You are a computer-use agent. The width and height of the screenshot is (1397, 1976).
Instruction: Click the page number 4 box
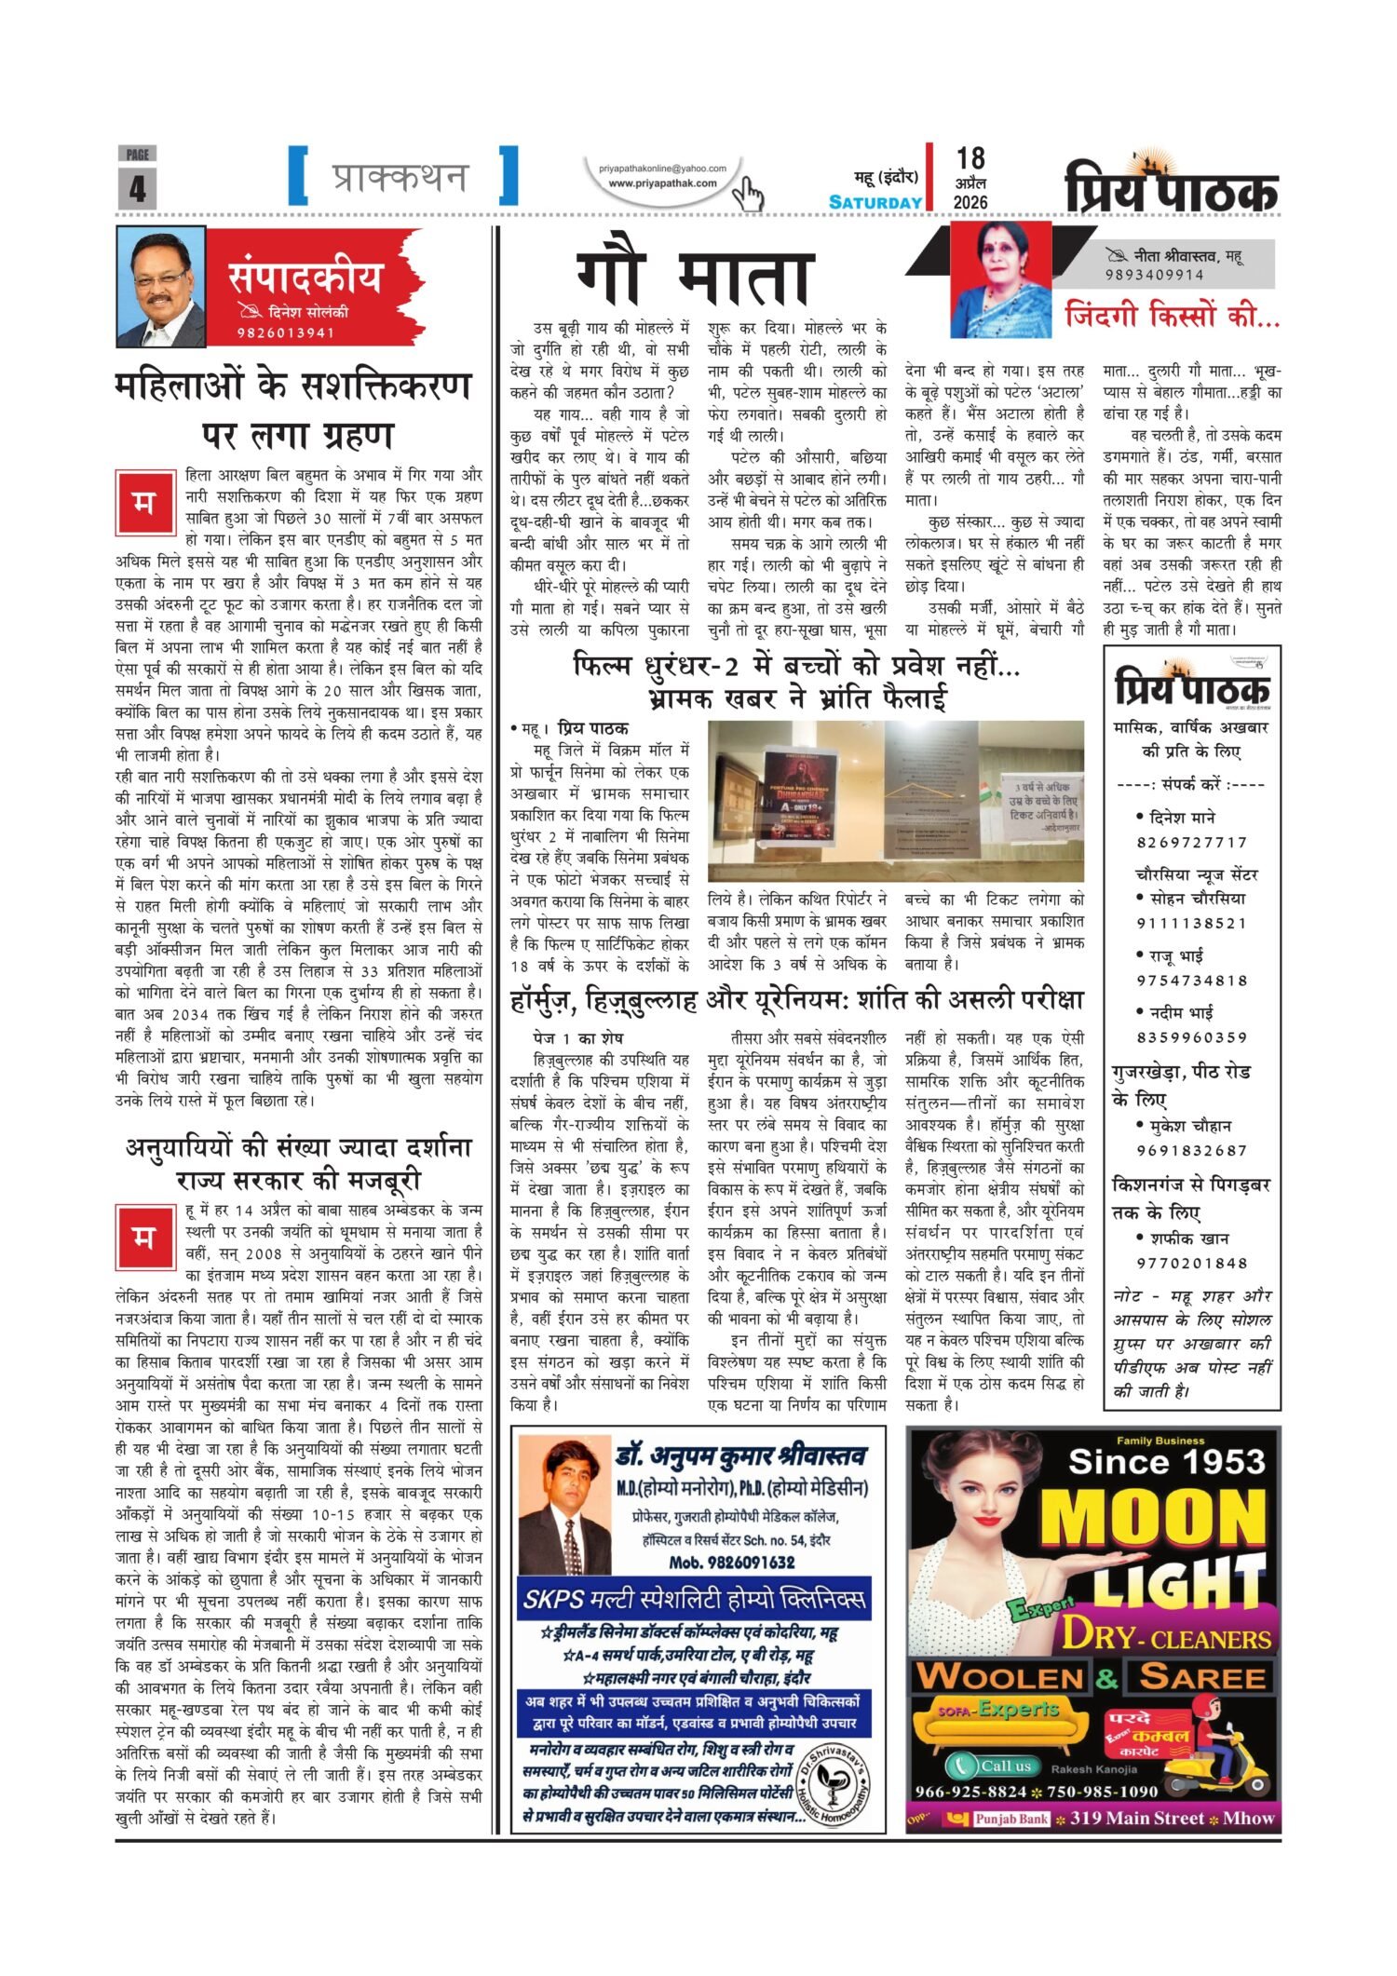137,187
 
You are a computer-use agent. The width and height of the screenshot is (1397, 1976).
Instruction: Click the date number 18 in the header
970,158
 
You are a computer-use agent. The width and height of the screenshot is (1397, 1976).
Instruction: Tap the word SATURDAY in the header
875,202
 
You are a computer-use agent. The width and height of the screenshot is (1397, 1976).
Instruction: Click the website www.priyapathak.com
662,183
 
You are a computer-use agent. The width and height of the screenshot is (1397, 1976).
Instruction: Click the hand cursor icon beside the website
748,195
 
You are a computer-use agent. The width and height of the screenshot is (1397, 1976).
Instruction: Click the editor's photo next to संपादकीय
160,287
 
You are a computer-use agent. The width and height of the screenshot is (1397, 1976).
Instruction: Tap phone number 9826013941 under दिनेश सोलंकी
285,333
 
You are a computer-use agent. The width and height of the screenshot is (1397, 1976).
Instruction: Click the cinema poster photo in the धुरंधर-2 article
895,800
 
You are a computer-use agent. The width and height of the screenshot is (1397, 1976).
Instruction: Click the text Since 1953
1167,1463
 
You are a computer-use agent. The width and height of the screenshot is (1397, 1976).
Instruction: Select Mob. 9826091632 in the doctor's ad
732,1562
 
